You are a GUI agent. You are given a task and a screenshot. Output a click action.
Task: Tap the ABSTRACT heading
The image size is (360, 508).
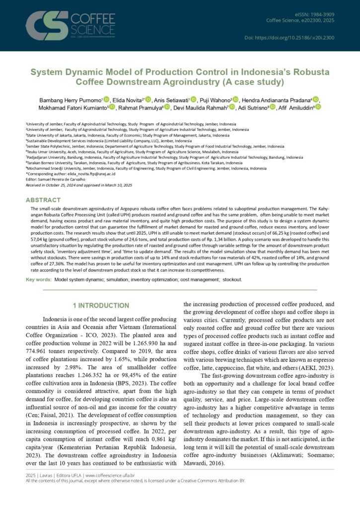coord(44,200)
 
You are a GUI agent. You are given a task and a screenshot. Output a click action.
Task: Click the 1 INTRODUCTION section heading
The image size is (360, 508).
coord(101,305)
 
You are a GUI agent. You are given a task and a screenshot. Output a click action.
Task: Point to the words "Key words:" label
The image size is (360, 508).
coord(39,280)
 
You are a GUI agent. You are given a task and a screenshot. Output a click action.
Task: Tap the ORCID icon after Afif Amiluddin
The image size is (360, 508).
coord(318,107)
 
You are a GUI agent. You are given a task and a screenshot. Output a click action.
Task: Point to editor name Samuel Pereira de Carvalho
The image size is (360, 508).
coord(65,179)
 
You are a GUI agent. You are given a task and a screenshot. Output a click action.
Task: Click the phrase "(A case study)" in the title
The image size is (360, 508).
coord(250,82)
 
